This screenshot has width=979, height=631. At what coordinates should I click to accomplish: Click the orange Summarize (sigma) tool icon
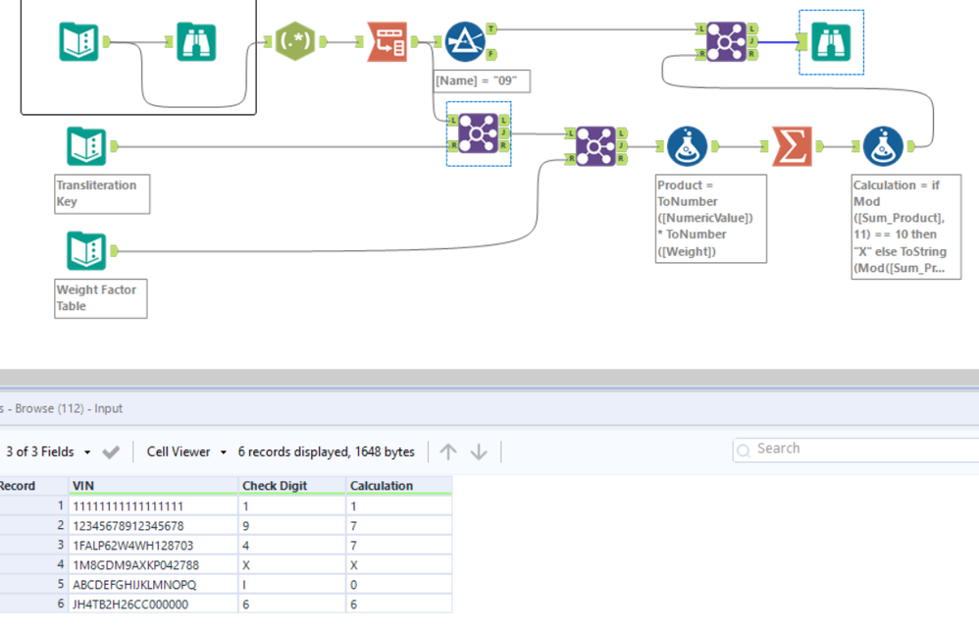(792, 146)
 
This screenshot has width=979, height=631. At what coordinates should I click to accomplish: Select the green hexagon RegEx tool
(295, 42)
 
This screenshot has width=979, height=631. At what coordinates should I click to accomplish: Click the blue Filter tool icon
(465, 42)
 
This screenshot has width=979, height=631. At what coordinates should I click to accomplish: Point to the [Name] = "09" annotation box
(482, 80)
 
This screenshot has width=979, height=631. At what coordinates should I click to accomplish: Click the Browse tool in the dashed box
(831, 41)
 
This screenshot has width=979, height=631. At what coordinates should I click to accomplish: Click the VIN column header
(83, 486)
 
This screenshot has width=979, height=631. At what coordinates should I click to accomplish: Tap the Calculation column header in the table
(381, 486)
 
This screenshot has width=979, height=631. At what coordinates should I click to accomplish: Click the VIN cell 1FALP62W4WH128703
(132, 546)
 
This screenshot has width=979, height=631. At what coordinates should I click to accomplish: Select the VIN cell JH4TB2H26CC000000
(130, 605)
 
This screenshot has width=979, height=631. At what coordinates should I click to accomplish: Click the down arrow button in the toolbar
(479, 451)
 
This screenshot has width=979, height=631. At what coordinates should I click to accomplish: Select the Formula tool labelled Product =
(687, 146)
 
